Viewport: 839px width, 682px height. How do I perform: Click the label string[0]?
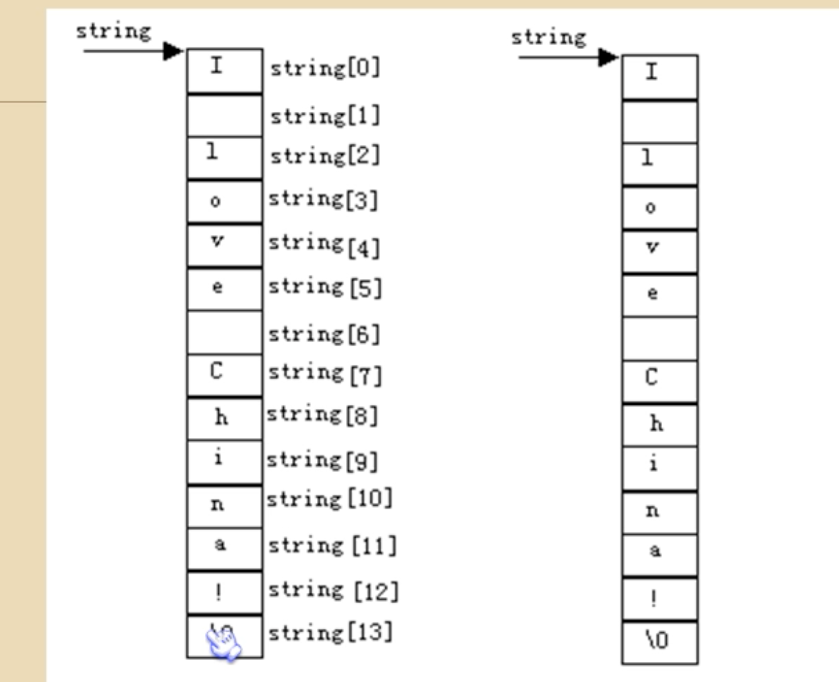(x=325, y=68)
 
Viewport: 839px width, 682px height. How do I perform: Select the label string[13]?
(x=330, y=633)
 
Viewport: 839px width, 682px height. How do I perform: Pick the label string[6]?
(x=324, y=334)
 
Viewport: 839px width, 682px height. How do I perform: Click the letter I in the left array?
(x=217, y=66)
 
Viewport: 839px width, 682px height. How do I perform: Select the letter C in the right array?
(x=652, y=377)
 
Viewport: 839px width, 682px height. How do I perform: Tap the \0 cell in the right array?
(x=658, y=641)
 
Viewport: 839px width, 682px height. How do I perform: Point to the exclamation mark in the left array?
(x=218, y=592)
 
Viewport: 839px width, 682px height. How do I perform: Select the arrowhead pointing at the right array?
(x=608, y=57)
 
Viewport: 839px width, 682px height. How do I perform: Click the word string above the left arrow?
(x=114, y=32)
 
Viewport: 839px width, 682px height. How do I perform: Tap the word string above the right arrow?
(x=549, y=38)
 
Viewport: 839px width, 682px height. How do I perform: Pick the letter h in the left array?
(x=221, y=417)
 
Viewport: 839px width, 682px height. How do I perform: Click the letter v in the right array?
(x=652, y=247)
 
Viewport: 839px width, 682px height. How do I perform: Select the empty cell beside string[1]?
(x=225, y=116)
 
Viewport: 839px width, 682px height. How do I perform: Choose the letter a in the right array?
(x=655, y=550)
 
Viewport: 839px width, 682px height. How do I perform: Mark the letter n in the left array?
(x=217, y=504)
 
